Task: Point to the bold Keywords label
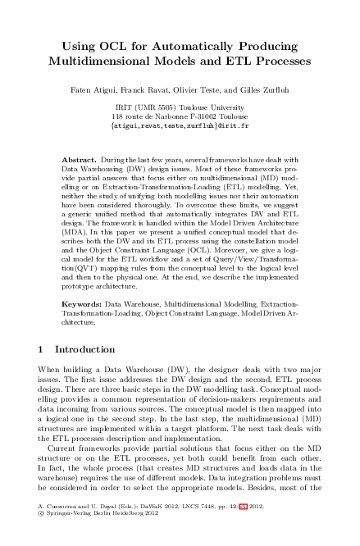coord(84,303)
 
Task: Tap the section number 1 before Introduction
coord(42,348)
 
